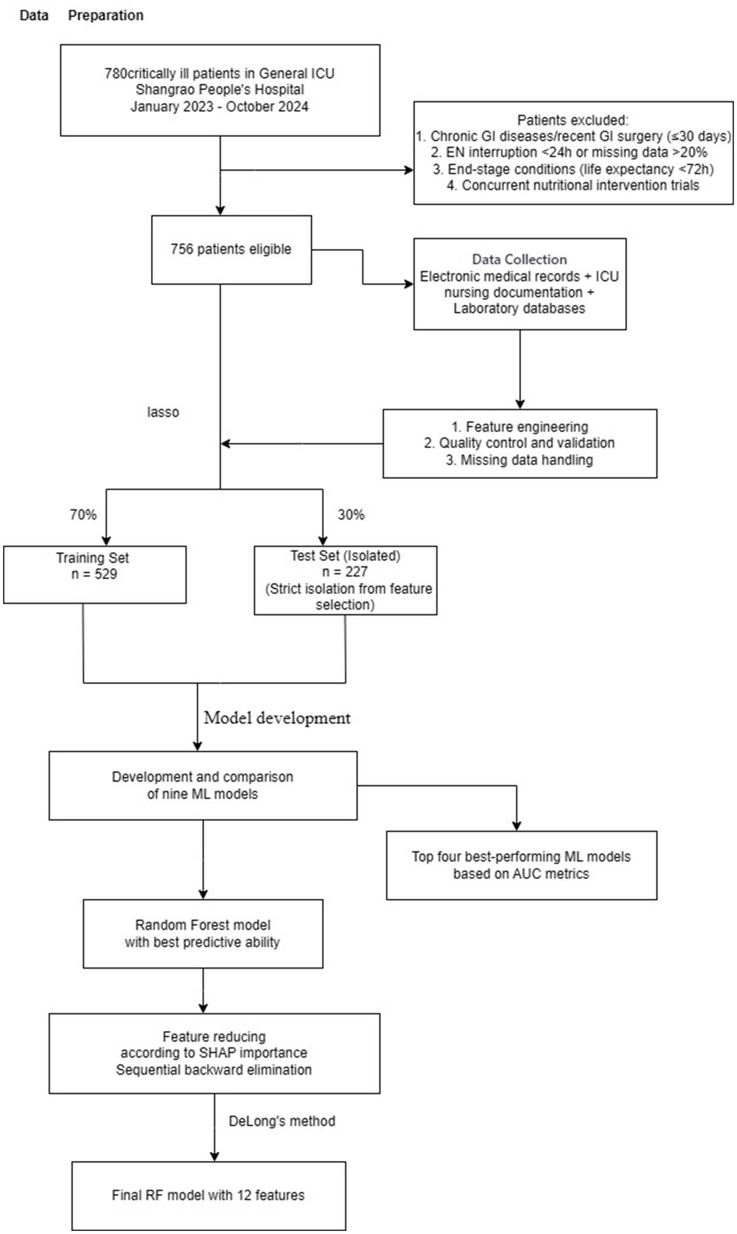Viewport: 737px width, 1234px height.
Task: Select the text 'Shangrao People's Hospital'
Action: click(220, 89)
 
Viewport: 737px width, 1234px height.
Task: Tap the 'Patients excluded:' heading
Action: click(572, 120)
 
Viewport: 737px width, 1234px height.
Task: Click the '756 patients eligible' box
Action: click(231, 249)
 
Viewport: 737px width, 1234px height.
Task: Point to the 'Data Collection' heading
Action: click(519, 259)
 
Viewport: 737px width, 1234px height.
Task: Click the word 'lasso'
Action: click(163, 412)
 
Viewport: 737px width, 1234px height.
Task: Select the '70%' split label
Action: click(83, 515)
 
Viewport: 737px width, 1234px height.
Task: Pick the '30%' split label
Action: click(351, 515)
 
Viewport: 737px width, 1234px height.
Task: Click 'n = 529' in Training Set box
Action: click(94, 574)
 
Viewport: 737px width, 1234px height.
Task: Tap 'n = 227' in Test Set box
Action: click(345, 572)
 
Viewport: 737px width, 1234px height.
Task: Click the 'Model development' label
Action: click(277, 718)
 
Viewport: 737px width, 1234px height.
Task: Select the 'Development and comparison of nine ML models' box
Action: click(203, 785)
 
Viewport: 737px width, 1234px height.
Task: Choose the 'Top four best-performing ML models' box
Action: click(521, 865)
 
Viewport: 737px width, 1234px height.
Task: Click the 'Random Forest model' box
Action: click(203, 934)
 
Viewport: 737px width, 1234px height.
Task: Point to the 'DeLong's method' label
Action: click(282, 1121)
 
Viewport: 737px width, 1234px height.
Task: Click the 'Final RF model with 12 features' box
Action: click(208, 1195)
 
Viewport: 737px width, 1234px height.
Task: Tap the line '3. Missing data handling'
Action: click(519, 460)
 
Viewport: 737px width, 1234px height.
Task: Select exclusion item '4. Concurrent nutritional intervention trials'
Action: click(573, 185)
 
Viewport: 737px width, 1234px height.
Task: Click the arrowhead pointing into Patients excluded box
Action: click(410, 170)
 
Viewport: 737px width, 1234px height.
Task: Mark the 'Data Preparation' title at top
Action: click(82, 16)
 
